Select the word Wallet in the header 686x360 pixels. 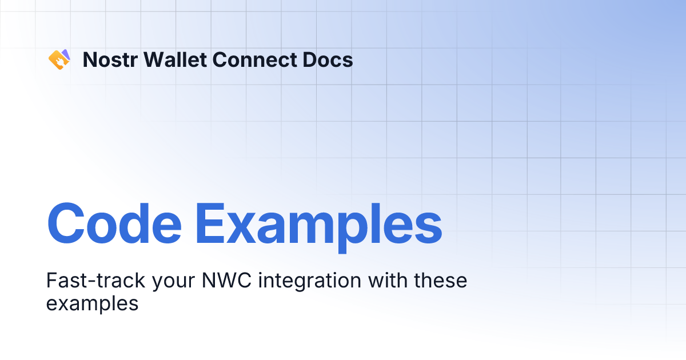point(168,59)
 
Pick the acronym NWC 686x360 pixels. point(228,281)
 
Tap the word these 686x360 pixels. point(441,281)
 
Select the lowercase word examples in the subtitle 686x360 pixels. point(92,303)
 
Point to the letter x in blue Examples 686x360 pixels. point(246,226)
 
